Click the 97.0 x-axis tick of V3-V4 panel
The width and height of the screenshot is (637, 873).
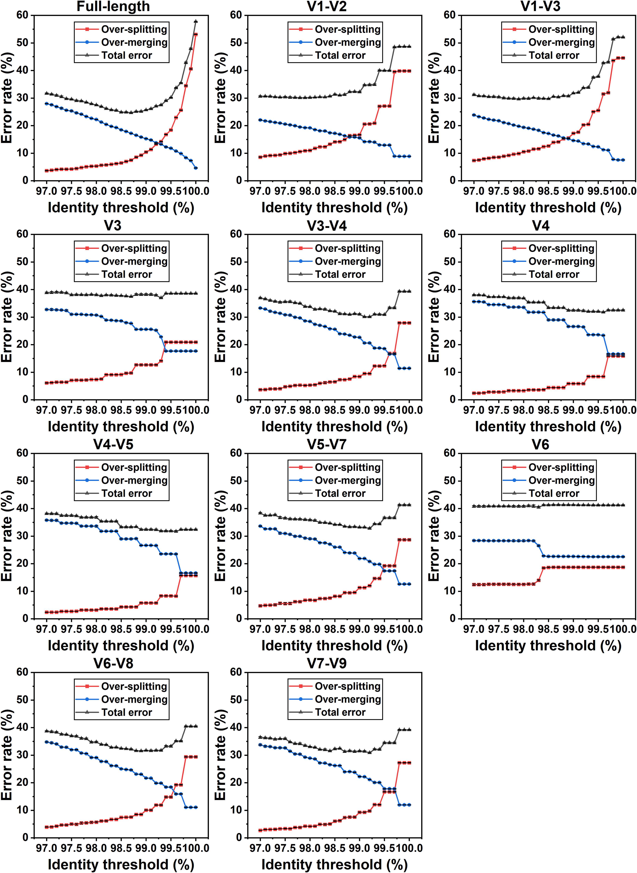[x=260, y=410]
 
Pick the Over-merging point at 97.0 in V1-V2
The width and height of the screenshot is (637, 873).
[x=260, y=120]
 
